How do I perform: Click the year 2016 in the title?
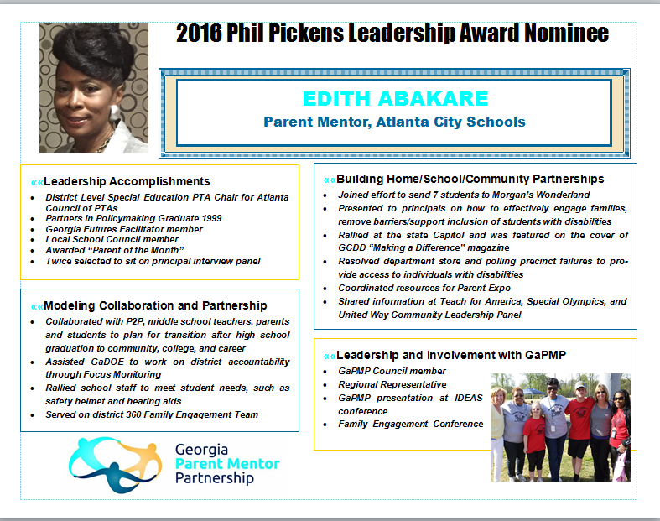coord(199,33)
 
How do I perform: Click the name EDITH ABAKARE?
coord(395,99)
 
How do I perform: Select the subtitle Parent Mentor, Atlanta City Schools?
coord(394,122)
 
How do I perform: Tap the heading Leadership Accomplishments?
coord(127,181)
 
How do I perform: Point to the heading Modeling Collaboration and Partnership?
coord(155,305)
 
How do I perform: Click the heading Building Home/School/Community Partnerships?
coord(470,179)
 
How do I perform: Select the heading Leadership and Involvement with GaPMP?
coord(451,355)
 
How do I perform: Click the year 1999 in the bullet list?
coord(211,218)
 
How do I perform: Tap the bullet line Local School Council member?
coord(112,239)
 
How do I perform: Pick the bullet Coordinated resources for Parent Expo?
coord(424,288)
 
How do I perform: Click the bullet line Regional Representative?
coord(392,384)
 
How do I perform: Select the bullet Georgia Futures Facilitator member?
coord(124,229)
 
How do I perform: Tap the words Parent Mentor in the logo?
coord(227,464)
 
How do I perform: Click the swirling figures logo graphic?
coord(115,464)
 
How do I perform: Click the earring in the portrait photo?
coord(115,112)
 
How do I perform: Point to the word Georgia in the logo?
coord(201,450)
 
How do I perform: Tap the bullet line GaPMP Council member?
coord(392,371)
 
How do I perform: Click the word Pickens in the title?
coord(306,33)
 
